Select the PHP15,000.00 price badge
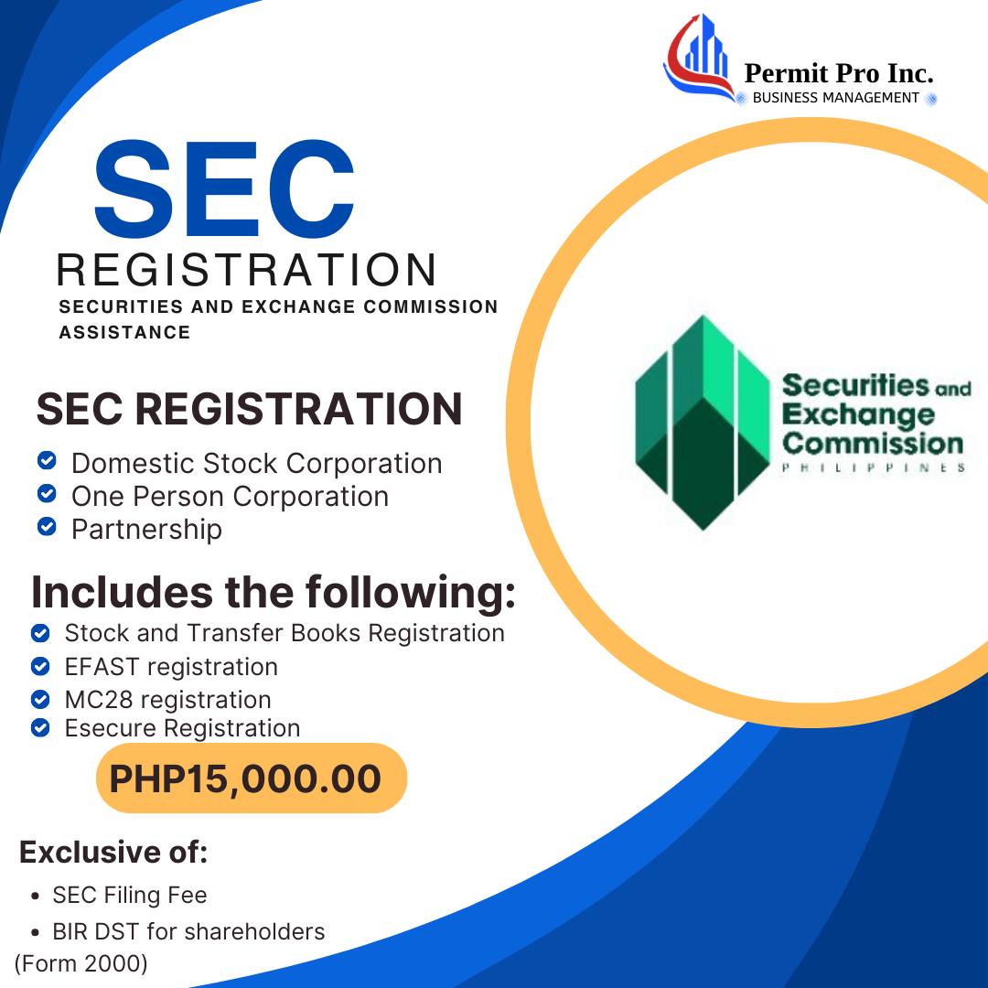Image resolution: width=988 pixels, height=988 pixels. pos(251,779)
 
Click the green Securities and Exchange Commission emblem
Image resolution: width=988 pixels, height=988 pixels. pos(702,423)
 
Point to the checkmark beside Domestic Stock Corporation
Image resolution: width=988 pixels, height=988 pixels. pos(47,460)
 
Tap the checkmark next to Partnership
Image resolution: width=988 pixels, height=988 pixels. pos(47,528)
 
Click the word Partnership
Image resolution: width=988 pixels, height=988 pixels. pos(146,530)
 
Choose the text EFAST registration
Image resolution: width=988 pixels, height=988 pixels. pos(171,667)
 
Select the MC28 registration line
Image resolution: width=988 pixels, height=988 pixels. pos(167,700)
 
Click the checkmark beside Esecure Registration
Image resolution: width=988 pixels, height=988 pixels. pos(39,728)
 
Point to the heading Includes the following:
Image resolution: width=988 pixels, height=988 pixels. pos(273,593)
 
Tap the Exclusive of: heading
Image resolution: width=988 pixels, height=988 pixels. pos(113,853)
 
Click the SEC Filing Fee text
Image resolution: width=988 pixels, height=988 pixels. pos(130,896)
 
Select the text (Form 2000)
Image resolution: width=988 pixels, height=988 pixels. pos(81,963)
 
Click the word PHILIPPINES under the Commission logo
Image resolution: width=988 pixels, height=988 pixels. pos(873,467)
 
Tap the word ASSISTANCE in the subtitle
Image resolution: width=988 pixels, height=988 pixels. pos(124,332)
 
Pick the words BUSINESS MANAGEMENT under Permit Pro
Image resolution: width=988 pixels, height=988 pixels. pos(835,98)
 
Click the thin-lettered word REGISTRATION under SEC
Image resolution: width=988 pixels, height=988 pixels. pos(246,270)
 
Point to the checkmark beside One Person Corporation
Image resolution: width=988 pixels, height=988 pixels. pos(47,494)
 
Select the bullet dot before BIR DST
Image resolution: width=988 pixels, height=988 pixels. pos(34,933)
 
